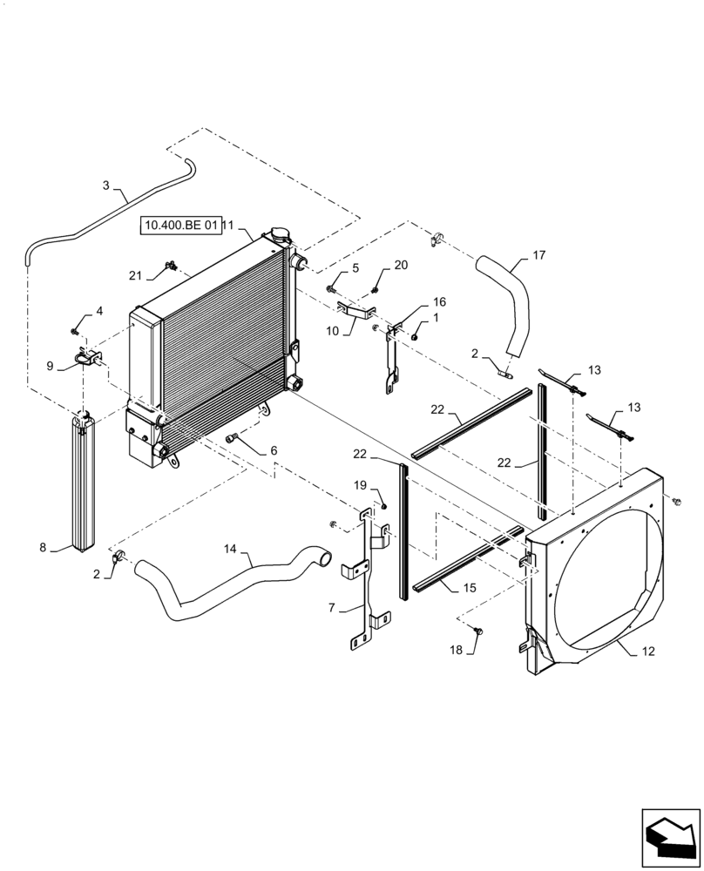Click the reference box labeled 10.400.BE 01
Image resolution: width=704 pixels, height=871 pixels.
(179, 226)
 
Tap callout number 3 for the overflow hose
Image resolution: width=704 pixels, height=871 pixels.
(106, 185)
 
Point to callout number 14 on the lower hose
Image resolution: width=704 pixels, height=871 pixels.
(230, 549)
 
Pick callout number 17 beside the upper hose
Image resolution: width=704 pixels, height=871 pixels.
(539, 255)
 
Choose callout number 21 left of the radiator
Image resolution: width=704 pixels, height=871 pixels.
(135, 275)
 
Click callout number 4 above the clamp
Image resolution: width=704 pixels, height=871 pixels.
(99, 311)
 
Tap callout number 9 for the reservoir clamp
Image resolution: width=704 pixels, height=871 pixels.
(50, 366)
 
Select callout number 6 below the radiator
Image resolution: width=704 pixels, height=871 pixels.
(273, 450)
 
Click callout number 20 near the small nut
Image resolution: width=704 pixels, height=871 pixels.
(401, 265)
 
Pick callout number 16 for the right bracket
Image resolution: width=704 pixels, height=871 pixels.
(439, 301)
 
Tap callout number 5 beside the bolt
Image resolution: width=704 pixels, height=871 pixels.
(355, 268)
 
